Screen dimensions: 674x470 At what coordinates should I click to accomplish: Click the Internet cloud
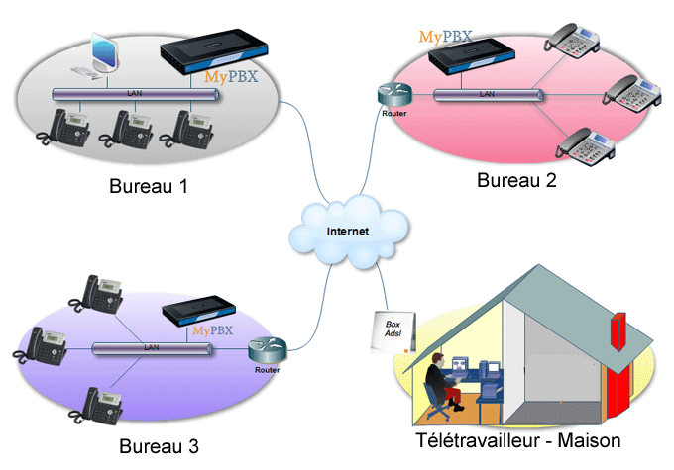point(349,231)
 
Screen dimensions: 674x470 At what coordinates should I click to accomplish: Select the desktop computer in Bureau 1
point(98,56)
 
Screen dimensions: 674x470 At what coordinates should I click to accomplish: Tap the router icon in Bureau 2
point(394,95)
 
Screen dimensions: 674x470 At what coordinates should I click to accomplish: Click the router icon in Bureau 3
point(267,349)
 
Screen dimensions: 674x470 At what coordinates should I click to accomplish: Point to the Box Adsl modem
point(393,331)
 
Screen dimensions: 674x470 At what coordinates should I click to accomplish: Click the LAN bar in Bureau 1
point(136,94)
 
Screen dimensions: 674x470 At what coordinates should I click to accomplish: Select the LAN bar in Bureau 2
point(488,95)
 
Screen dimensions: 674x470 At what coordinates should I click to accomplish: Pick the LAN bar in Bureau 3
point(152,348)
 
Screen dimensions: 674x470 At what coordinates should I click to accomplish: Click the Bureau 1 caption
point(149,186)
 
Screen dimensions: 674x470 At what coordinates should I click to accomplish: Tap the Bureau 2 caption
point(516,180)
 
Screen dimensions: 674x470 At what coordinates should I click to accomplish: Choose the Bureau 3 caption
point(159,446)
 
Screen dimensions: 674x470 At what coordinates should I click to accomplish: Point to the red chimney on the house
point(618,331)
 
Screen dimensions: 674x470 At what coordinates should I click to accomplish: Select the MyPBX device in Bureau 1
point(214,51)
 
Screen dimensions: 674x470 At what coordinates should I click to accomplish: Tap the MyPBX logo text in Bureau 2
point(445,37)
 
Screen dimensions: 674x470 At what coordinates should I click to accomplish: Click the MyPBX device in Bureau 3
point(198,310)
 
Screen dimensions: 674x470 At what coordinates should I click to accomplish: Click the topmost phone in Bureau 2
point(572,40)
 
